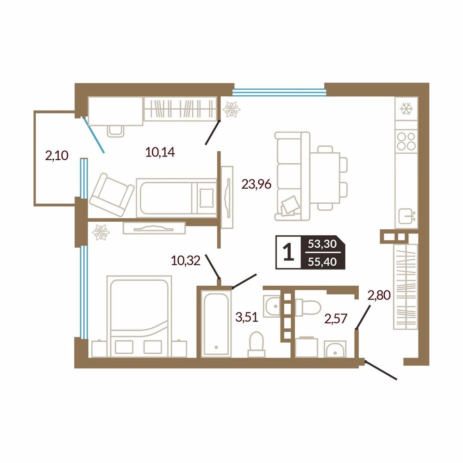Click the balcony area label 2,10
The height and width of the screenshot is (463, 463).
point(56,155)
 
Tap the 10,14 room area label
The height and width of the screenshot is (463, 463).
point(160,152)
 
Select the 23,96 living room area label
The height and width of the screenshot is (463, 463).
point(257,184)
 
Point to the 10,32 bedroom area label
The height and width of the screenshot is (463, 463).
point(186,261)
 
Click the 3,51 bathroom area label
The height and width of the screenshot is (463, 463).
point(247,317)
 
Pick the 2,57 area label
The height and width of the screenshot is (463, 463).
point(336,319)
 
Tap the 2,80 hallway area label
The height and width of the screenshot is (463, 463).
point(379,294)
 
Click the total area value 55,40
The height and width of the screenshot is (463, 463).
point(322,262)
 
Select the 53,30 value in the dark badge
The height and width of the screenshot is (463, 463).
point(322,244)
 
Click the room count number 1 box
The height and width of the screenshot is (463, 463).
point(288,252)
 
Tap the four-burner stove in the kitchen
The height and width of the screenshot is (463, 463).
point(407,141)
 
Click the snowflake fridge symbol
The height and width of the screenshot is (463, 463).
point(407,109)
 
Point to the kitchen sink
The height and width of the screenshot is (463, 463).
point(407,216)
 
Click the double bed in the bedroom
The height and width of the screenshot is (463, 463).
point(139,316)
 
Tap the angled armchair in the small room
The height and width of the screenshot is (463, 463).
point(112,194)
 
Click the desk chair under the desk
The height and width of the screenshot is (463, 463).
point(115,131)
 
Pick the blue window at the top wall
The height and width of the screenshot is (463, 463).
point(279,93)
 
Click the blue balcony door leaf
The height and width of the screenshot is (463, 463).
point(94,135)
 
